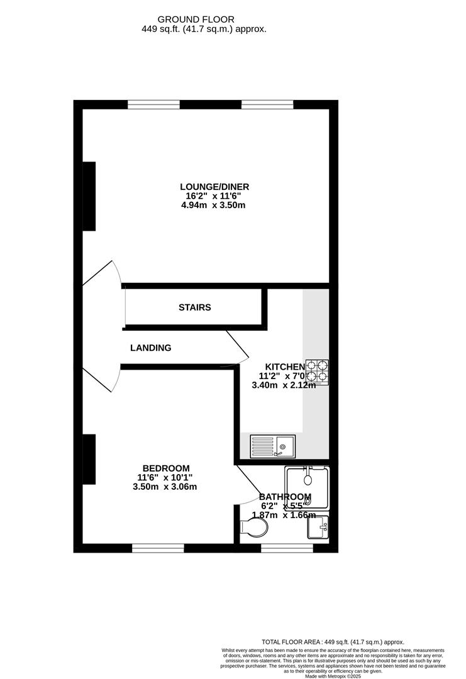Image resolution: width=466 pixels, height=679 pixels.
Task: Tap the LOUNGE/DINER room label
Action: pyautogui.click(x=214, y=187)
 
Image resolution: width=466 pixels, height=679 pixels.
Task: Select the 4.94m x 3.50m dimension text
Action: pyautogui.click(x=214, y=206)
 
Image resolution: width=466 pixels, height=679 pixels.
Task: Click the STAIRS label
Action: pyautogui.click(x=194, y=307)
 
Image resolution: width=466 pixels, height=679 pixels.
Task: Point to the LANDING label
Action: pyautogui.click(x=150, y=348)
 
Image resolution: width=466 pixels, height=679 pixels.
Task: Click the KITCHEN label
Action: pyautogui.click(x=285, y=367)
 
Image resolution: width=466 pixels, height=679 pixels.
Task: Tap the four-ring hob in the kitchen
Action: pyautogui.click(x=318, y=372)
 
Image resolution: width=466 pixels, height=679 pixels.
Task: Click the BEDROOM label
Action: pyautogui.click(x=166, y=468)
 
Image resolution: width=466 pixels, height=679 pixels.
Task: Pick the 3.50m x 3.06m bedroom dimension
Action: pyautogui.click(x=166, y=487)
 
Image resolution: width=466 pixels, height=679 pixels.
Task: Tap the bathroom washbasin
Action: pyautogui.click(x=318, y=527)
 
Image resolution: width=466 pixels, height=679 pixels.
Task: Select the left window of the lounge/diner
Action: pyautogui.click(x=153, y=104)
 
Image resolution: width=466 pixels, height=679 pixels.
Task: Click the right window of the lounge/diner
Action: pyautogui.click(x=267, y=104)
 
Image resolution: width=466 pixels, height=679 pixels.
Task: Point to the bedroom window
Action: pyautogui.click(x=158, y=548)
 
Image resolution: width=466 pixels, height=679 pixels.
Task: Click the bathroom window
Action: pyautogui.click(x=287, y=548)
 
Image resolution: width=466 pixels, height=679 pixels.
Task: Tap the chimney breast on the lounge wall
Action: pyautogui.click(x=89, y=196)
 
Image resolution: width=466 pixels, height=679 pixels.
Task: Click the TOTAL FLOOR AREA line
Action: pyautogui.click(x=333, y=642)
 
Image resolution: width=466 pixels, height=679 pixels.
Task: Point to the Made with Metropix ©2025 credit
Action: pyautogui.click(x=333, y=676)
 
